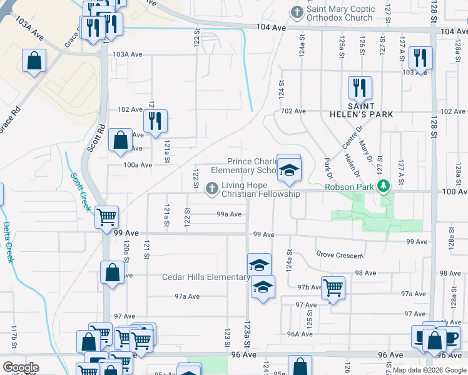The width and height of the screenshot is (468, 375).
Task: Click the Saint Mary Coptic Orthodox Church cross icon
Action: click(297, 12)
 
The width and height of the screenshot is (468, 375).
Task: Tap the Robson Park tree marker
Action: click(386, 186)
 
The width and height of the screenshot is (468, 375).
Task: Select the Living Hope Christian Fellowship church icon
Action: click(212, 187)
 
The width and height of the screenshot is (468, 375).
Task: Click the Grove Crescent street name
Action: click(339, 255)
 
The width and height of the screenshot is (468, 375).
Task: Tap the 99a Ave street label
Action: click(229, 214)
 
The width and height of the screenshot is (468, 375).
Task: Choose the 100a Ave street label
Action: click(138, 165)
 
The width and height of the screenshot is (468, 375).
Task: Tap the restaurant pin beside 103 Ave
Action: click(420, 58)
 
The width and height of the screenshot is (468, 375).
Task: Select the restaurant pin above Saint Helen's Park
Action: click(360, 87)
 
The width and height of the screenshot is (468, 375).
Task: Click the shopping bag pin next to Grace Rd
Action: click(34, 61)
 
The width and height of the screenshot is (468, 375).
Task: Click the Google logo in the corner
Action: click(21, 367)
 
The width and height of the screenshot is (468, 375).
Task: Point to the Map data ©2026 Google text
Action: click(429, 370)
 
